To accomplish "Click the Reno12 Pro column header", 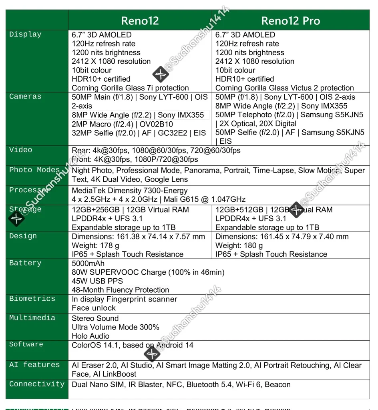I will (x=290, y=21).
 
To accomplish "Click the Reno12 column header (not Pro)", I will (x=140, y=21).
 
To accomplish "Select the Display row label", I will (x=25, y=34).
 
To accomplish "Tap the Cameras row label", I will (x=25, y=96).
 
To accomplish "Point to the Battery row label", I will (x=25, y=263).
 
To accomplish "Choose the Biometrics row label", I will (x=32, y=299).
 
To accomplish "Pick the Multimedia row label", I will (x=32, y=318).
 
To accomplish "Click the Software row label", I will (x=26, y=344).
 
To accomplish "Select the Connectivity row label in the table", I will (x=37, y=384).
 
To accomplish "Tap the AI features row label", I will (x=34, y=365).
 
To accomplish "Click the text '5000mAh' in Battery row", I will (x=88, y=263).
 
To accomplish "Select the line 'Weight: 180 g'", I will (x=239, y=245).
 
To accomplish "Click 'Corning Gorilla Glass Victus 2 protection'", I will (x=285, y=88).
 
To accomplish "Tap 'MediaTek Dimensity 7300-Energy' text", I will (x=129, y=191).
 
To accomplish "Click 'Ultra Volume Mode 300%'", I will (x=115, y=327).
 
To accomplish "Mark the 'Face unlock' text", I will (x=94, y=308).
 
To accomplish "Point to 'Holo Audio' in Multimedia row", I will (x=90, y=336).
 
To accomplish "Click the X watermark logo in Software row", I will (x=152, y=354).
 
